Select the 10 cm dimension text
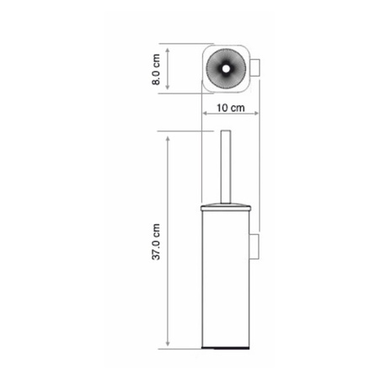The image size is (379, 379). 230,109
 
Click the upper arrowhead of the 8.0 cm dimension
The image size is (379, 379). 169,48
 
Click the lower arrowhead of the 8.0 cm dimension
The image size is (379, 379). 169,88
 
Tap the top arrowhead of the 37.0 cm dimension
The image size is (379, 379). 169,135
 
